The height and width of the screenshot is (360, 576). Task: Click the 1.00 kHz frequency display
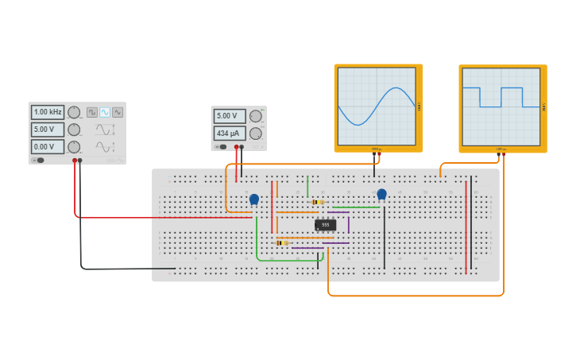48,112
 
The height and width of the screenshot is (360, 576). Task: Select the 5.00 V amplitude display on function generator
48,130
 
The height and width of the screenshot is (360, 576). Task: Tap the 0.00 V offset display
48,147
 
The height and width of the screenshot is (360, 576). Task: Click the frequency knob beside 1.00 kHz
74,112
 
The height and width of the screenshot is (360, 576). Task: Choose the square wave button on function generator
92,112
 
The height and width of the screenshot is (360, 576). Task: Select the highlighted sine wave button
105,112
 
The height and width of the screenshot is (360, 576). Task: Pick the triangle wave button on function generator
118,112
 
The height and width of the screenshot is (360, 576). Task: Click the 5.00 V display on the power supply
229,116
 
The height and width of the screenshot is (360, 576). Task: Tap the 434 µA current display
229,133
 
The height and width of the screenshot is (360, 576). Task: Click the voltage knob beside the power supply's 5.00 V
255,116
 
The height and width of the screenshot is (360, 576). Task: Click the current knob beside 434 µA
255,134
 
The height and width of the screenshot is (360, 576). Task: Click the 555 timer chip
325,225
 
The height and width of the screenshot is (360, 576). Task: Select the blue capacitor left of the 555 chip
253,199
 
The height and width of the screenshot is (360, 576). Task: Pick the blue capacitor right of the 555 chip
381,194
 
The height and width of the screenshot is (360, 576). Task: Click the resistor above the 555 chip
318,202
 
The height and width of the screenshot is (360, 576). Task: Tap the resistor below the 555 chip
281,242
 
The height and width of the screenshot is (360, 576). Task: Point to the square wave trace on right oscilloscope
501,97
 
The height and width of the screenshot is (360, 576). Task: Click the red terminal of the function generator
75,161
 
